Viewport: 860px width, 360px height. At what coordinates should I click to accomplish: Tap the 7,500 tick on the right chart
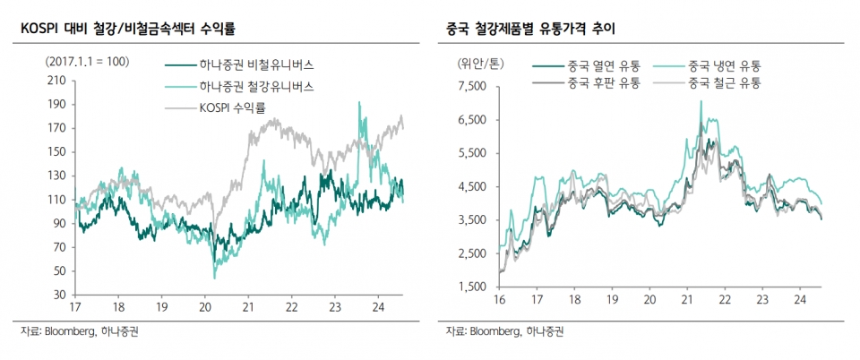(471, 86)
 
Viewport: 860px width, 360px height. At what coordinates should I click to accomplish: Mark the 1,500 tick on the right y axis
(471, 287)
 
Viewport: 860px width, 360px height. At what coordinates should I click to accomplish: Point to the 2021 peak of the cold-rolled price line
(701, 101)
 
